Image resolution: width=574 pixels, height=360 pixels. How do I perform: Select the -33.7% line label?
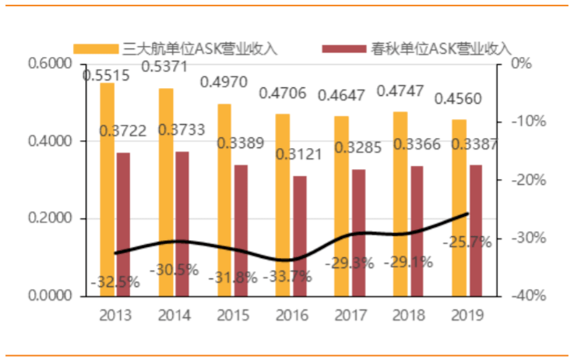pos(287,275)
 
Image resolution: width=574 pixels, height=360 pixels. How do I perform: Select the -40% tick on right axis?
pos(528,296)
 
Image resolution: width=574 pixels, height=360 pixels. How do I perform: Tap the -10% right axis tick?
pos(528,122)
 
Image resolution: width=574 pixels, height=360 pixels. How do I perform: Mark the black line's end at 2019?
pos(467,214)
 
